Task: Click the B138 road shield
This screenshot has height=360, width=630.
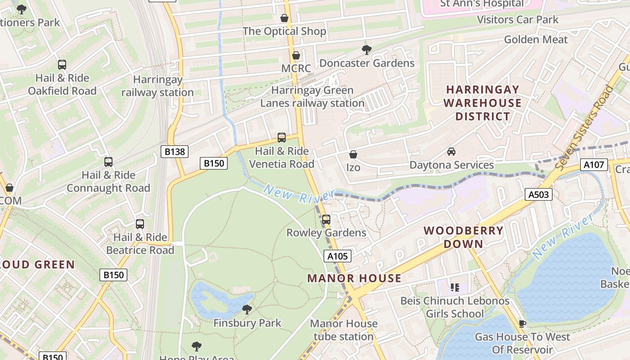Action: point(175,152)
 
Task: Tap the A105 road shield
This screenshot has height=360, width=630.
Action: point(337,256)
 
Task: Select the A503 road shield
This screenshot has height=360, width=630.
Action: point(538,194)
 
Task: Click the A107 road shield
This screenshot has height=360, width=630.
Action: point(594,165)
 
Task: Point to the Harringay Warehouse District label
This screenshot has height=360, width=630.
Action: point(482,103)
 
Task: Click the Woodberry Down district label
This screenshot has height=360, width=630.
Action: point(463,237)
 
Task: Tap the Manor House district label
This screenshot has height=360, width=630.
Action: point(354,278)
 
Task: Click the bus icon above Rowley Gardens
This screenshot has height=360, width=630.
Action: point(326,220)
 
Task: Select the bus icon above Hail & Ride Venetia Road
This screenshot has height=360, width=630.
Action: point(282,138)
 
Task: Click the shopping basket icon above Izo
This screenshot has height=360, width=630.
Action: point(353,154)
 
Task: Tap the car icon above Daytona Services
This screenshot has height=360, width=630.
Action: point(451,152)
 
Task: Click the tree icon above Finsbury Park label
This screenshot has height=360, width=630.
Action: point(247,310)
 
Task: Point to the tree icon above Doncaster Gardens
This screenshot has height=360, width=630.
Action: point(367,50)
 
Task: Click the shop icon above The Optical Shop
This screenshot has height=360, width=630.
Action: point(284,18)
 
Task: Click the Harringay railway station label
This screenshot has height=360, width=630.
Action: point(157,86)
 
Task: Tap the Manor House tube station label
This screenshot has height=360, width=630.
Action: point(344,330)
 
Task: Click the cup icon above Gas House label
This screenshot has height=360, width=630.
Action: point(522,324)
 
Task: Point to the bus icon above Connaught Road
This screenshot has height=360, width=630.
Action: point(108,162)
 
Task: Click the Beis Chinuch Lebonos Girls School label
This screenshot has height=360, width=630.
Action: point(455,307)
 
